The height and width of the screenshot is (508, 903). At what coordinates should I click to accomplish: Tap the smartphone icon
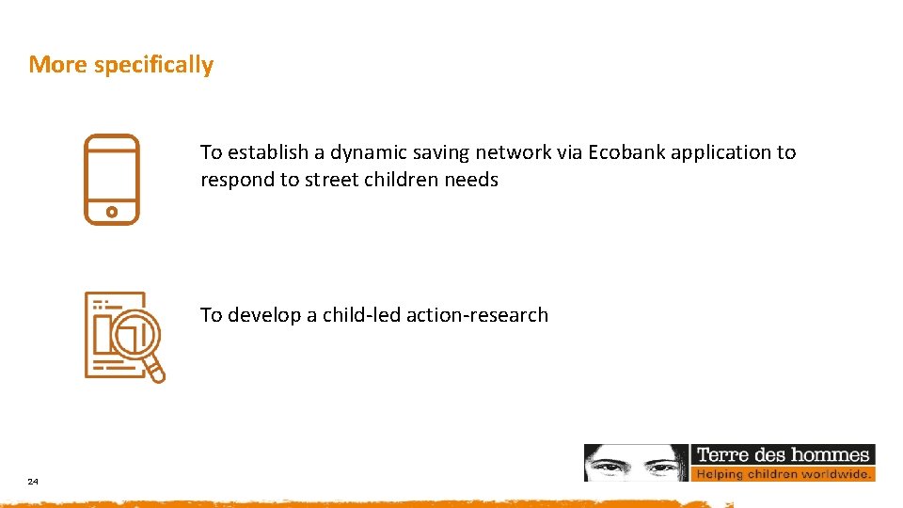112,180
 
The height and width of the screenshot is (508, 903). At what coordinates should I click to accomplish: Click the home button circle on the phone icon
112,212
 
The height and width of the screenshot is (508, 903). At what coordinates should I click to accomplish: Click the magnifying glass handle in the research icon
155,372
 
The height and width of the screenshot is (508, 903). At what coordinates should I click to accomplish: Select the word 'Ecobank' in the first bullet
624,152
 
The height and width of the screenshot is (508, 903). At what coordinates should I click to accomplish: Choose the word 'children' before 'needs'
399,180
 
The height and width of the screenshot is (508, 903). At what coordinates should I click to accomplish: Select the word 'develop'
264,316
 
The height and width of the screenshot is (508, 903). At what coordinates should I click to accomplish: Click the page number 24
33,482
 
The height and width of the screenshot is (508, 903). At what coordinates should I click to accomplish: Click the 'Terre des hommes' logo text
783,455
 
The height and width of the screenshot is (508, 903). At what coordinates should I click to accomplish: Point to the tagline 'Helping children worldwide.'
784,474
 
